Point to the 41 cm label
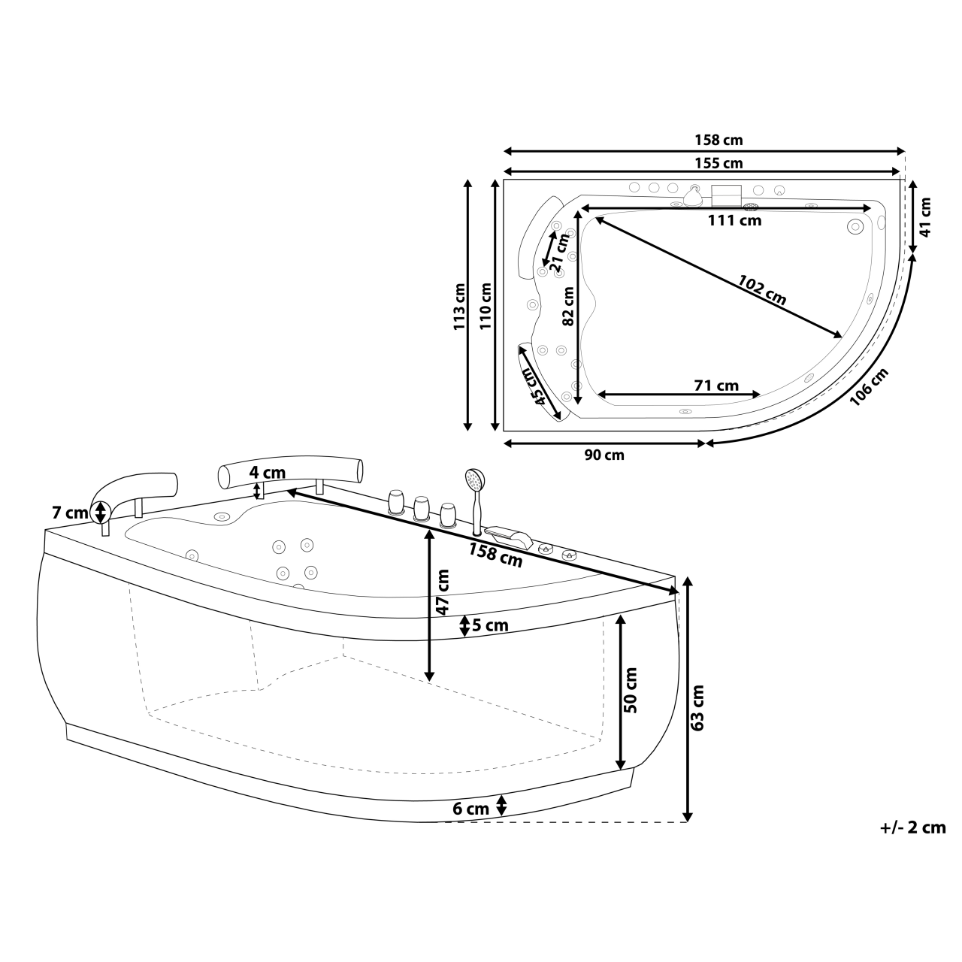925,216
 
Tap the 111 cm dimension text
735,220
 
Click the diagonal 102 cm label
761,290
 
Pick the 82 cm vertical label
568,307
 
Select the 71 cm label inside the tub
715,385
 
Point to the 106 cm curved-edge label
868,386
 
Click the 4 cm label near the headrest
268,473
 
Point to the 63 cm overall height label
697,707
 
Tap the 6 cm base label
470,809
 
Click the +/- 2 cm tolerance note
912,827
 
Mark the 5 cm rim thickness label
490,625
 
